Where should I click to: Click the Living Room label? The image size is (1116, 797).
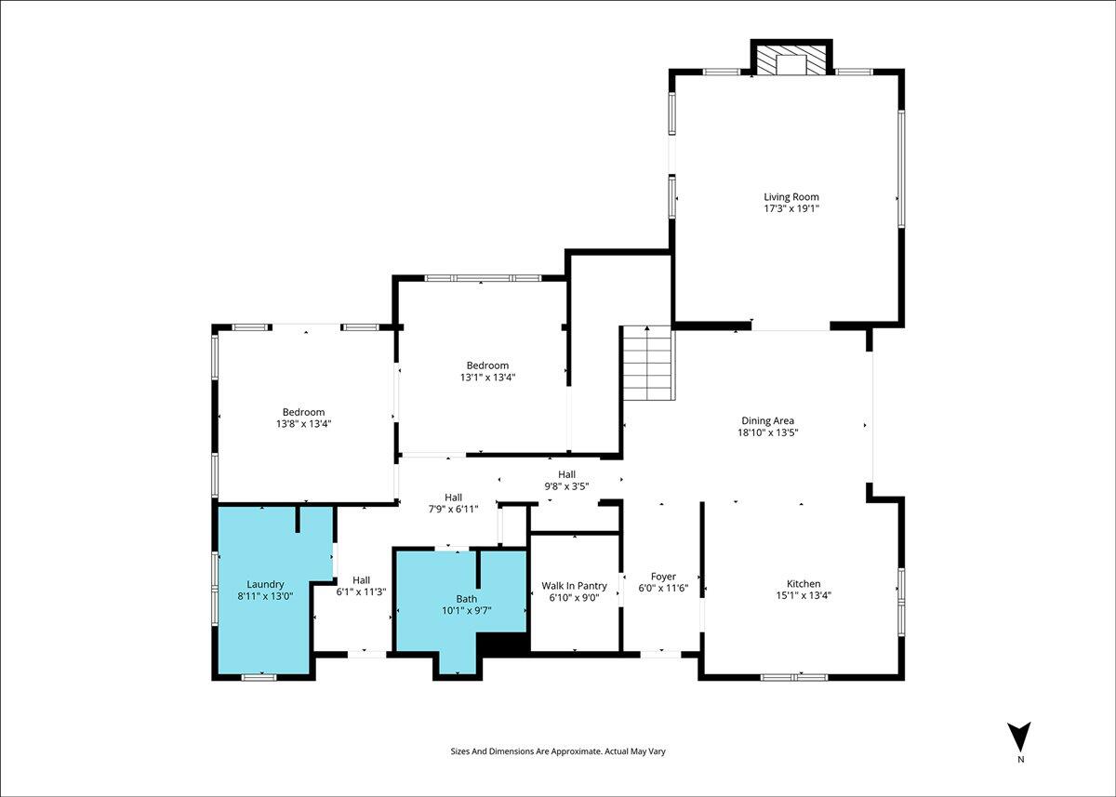[791, 197]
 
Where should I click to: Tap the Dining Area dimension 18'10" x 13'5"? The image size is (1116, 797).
[768, 432]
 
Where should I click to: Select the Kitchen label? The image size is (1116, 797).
[804, 583]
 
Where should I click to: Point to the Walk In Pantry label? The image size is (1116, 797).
[574, 586]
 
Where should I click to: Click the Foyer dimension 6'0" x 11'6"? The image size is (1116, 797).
[663, 588]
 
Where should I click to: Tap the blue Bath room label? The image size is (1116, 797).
[466, 599]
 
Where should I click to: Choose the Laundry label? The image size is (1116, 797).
[265, 584]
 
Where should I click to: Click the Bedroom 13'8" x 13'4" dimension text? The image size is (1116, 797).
[303, 424]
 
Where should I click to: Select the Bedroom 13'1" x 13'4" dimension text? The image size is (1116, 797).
[487, 377]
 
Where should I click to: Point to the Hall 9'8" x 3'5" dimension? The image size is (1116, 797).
[566, 486]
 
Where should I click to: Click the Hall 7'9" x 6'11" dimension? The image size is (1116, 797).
[453, 509]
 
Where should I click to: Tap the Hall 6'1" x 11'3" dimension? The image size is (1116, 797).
[361, 591]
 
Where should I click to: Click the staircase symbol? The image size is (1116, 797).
[646, 363]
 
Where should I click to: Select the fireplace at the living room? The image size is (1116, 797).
[791, 58]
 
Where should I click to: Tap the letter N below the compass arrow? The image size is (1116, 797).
[1021, 760]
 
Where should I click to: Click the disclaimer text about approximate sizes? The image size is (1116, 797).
[558, 751]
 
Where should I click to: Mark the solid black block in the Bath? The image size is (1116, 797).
[502, 644]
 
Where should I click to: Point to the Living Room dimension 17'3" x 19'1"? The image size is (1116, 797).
[791, 208]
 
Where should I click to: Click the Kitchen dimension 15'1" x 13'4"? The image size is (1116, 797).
[804, 595]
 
